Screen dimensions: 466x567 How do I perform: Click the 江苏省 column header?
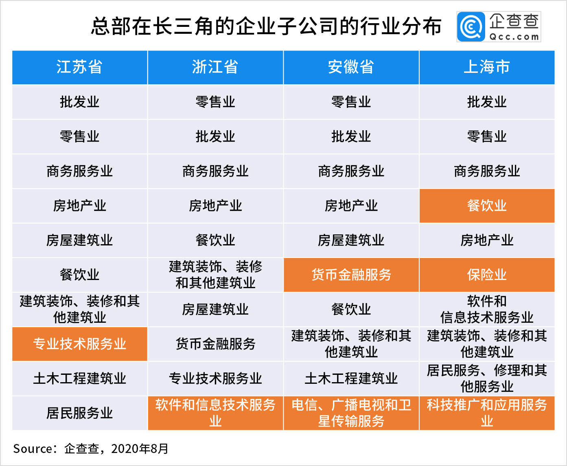tap(80, 67)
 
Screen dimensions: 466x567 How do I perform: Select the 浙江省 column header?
tap(215, 67)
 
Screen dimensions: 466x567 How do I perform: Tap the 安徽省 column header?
tap(351, 67)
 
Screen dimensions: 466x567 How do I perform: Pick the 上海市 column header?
tap(487, 67)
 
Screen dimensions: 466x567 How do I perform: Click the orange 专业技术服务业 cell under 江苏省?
tap(80, 344)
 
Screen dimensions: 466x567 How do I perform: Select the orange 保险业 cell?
tap(487, 275)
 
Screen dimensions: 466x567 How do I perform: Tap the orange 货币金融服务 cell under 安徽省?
tap(351, 275)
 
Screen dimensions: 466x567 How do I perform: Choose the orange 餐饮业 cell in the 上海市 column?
tap(487, 206)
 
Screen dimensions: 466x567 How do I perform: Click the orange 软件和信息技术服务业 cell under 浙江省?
tap(215, 413)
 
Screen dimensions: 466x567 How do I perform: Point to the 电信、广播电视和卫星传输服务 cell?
tap(351, 413)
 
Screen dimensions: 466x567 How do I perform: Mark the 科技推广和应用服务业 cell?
tap(487, 413)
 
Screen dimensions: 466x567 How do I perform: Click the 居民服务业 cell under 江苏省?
tap(80, 413)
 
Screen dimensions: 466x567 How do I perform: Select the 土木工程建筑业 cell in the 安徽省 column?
tap(351, 378)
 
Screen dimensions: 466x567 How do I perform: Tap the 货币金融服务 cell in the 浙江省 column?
tap(215, 344)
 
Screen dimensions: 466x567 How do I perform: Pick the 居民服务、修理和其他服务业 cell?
tap(487, 378)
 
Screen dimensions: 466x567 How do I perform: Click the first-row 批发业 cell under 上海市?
tap(487, 102)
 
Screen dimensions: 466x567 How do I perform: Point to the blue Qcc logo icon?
tap(471, 27)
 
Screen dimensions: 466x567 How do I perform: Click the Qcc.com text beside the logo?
tap(514, 37)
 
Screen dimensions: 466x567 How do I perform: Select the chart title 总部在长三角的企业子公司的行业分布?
tap(266, 26)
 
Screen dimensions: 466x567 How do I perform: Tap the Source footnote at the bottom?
tap(91, 448)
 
